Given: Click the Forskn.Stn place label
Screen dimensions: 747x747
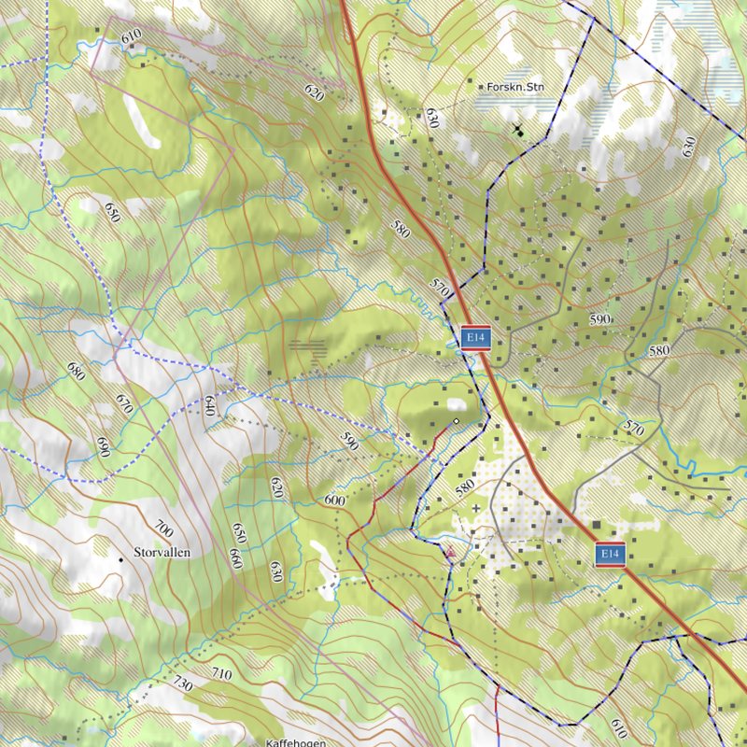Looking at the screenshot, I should click(x=515, y=88).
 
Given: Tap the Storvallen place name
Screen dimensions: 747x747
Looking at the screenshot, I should click(x=162, y=553).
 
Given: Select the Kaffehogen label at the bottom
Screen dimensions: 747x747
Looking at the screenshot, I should click(x=295, y=742).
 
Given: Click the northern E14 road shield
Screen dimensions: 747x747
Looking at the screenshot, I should click(x=475, y=338).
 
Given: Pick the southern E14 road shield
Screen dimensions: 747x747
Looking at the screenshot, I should click(x=610, y=555).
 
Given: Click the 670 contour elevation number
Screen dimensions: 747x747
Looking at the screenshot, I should click(x=123, y=403).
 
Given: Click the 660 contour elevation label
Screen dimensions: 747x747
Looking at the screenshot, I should click(x=235, y=558).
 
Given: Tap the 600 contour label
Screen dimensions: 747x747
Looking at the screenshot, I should click(x=334, y=500).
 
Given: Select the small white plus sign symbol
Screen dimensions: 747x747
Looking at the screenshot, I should click(x=476, y=508).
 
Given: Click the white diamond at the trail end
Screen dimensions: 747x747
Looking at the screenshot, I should click(x=456, y=422).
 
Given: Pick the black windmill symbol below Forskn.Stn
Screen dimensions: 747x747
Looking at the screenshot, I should click(x=517, y=130).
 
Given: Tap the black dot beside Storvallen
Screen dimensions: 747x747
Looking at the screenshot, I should click(x=120, y=559).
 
